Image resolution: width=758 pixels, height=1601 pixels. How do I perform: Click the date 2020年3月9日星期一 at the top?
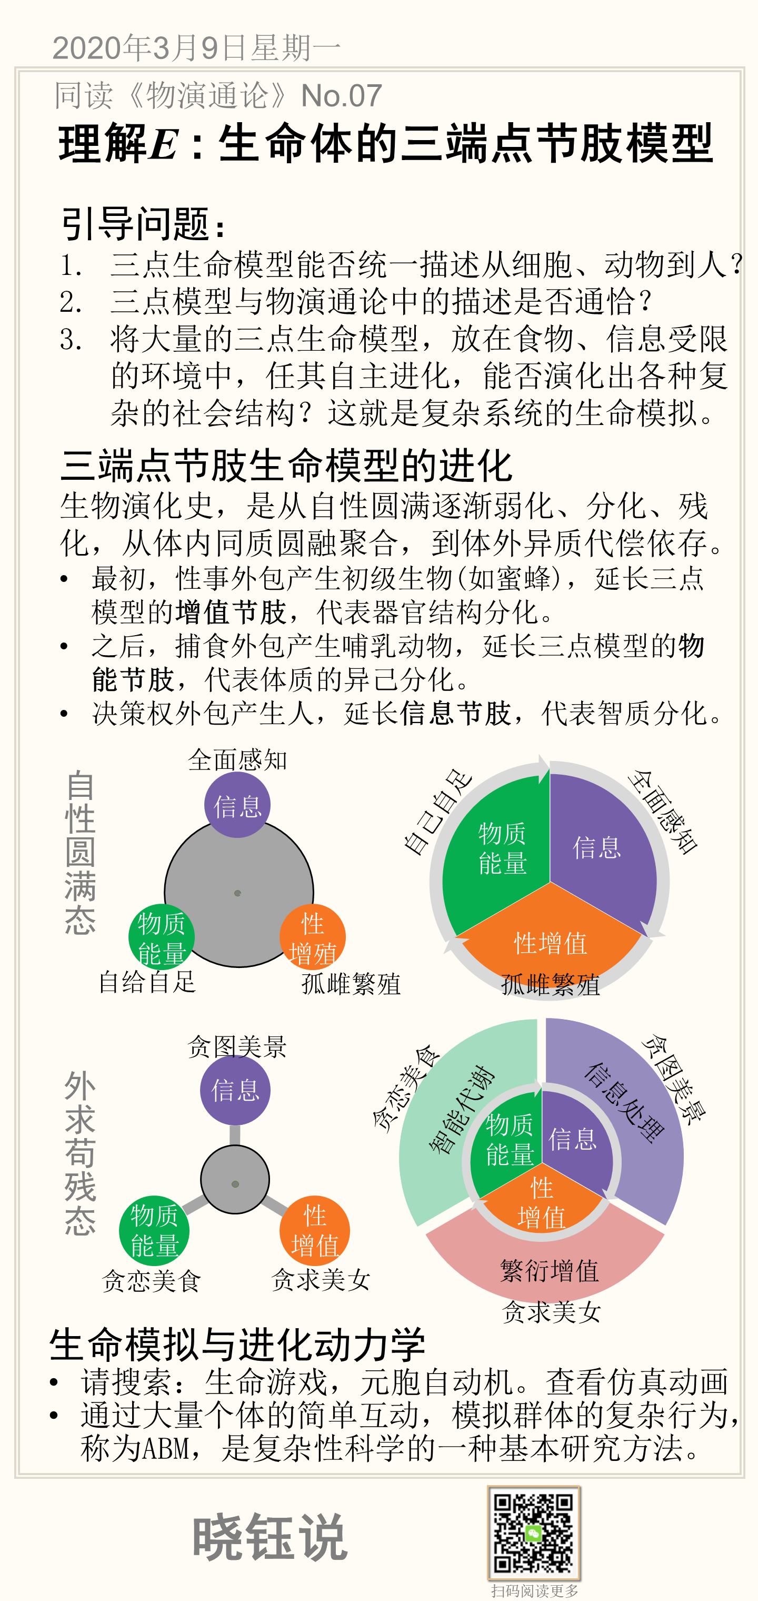click(x=196, y=48)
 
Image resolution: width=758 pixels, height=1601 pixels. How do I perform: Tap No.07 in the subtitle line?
click(x=341, y=96)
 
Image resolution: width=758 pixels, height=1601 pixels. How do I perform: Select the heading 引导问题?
click(x=142, y=224)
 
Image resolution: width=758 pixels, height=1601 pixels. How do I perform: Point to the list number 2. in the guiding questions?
click(x=70, y=302)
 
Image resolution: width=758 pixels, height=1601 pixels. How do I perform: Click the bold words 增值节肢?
click(x=231, y=612)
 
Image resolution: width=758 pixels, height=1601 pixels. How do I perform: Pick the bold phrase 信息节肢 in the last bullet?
click(x=455, y=713)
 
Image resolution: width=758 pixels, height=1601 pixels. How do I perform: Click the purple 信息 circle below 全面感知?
click(x=237, y=805)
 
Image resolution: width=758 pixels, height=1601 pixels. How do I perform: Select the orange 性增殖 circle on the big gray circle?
click(x=313, y=937)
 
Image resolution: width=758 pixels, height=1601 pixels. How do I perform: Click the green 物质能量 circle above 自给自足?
click(x=162, y=937)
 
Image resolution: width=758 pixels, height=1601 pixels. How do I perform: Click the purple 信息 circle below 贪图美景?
click(x=235, y=1090)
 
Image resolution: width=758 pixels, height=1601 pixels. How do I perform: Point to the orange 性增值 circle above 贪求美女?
click(x=314, y=1231)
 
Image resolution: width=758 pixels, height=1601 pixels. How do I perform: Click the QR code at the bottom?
click(x=534, y=1533)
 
